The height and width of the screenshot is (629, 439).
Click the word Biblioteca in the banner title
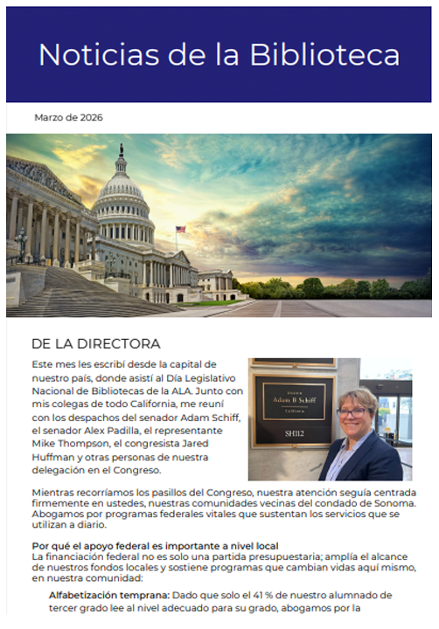324,54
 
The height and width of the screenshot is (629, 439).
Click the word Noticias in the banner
84,54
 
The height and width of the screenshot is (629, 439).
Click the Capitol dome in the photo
122,197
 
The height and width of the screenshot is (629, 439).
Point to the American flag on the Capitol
180,231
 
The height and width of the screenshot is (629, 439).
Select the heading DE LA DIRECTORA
95,343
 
